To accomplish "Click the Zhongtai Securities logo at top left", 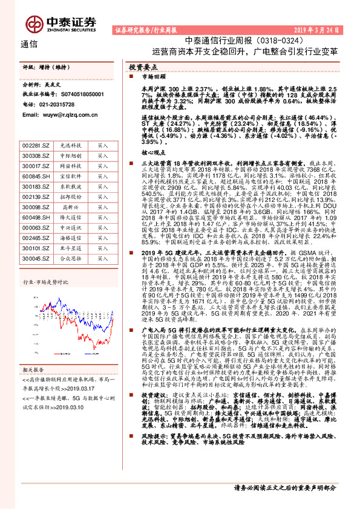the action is (70, 23).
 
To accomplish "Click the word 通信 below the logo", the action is (30, 44).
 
